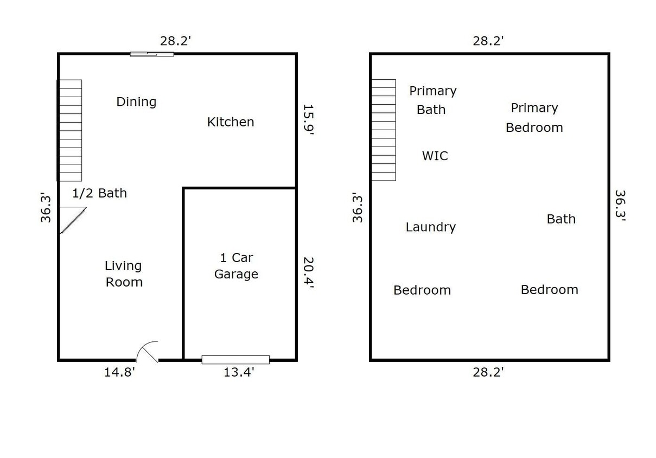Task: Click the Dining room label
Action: pyautogui.click(x=136, y=101)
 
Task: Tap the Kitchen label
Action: pyautogui.click(x=231, y=122)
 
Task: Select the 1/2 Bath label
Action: pyautogui.click(x=100, y=193)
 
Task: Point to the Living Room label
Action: pyautogui.click(x=124, y=273)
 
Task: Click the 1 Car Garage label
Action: pyautogui.click(x=236, y=266)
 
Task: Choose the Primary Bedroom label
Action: pyautogui.click(x=534, y=117)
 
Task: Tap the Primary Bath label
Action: pyautogui.click(x=432, y=100)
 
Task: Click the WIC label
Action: pyautogui.click(x=435, y=156)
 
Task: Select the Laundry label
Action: pyautogui.click(x=431, y=227)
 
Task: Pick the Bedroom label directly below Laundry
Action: pyautogui.click(x=422, y=290)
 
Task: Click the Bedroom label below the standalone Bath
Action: pyautogui.click(x=549, y=290)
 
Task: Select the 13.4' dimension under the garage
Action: pyautogui.click(x=239, y=372)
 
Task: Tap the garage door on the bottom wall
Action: pyautogui.click(x=235, y=359)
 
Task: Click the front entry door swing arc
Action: pyautogui.click(x=147, y=351)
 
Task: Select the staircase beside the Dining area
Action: pyautogui.click(x=70, y=130)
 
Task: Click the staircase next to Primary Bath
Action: pyautogui.click(x=384, y=130)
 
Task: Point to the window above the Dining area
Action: pyautogui.click(x=152, y=54)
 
